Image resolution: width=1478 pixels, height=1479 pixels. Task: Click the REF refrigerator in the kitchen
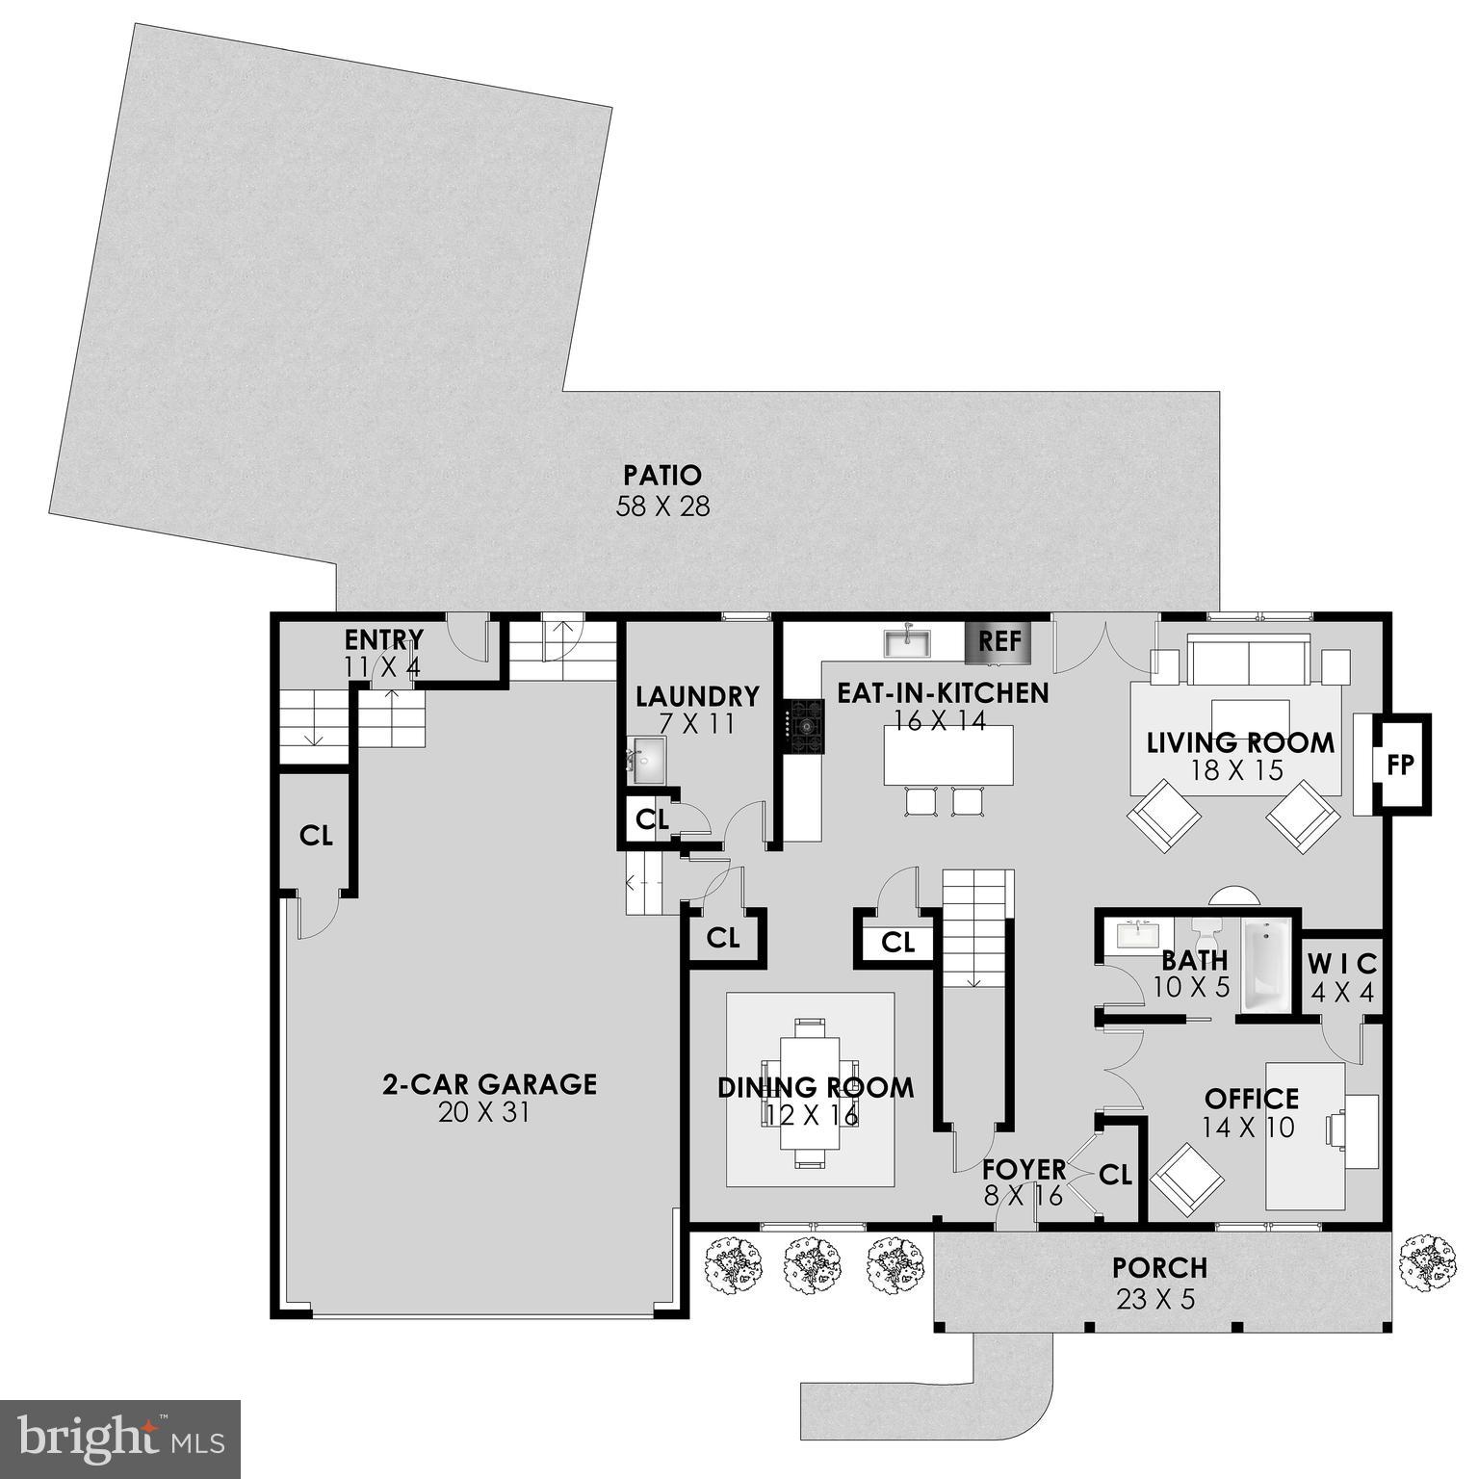coord(998,641)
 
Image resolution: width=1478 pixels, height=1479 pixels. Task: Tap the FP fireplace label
coord(1400,765)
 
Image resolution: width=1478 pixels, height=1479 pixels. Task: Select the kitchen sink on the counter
coord(907,641)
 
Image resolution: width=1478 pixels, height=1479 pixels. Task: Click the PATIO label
coord(662,476)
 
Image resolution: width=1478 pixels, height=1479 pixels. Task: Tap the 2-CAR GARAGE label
coord(489,1084)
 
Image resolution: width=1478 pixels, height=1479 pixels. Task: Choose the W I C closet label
coord(1342,963)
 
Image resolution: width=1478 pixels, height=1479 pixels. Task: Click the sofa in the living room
coord(1249,660)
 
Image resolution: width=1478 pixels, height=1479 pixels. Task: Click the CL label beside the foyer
coord(1115,1175)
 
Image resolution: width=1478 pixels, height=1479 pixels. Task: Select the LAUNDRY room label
coord(697,696)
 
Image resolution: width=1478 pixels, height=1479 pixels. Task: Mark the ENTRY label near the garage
coord(384,640)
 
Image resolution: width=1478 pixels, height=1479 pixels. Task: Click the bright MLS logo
coord(119,1439)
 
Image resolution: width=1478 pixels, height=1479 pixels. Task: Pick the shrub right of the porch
coord(1428,1262)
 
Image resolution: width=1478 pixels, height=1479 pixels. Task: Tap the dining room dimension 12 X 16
coord(812,1115)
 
